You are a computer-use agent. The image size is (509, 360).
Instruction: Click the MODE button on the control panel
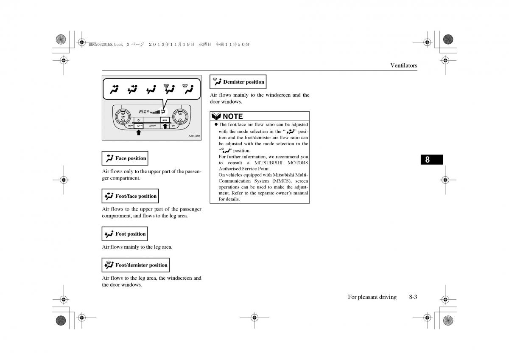coord(165,120)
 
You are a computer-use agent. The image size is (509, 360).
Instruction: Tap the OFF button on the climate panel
coord(173,126)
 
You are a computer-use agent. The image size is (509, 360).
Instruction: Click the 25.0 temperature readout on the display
coord(143,112)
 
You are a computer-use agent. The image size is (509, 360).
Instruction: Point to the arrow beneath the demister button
coord(138,132)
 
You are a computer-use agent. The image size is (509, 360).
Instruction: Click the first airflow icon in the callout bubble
coord(114,89)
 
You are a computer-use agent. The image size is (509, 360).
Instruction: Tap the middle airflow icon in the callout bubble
coord(151,89)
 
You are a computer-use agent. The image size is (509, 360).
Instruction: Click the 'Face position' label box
coord(125,158)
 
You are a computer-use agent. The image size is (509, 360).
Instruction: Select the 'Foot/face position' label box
coord(130,196)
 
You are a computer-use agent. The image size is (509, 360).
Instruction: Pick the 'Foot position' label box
coord(125,233)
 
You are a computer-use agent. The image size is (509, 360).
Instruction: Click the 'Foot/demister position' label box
coord(135,265)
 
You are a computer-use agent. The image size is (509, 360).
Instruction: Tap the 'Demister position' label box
coord(238,82)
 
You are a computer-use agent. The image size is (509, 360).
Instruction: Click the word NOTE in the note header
coord(232,116)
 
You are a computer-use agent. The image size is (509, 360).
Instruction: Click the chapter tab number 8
coord(428,160)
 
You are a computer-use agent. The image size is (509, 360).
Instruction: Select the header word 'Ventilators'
coord(403,65)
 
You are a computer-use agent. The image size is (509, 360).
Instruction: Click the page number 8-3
coord(413,297)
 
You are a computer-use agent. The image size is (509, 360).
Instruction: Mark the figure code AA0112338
coord(194,136)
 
